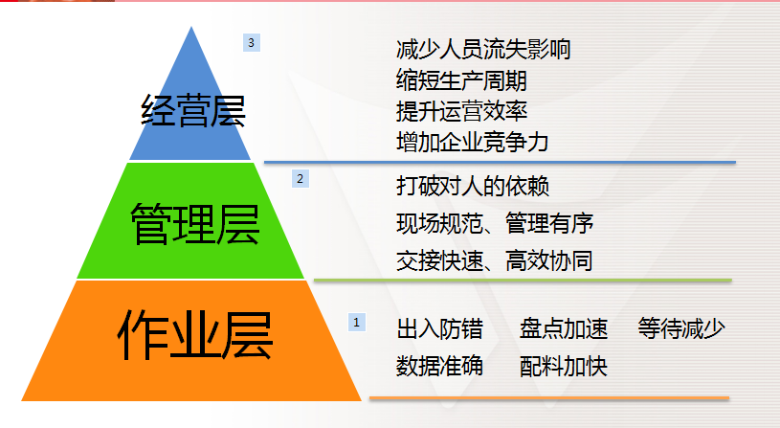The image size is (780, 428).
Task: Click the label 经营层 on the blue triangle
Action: coord(193,110)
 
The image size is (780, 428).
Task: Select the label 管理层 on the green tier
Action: coord(194,224)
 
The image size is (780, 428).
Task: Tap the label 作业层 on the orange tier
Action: coord(195,335)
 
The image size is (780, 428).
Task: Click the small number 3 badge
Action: coord(251,43)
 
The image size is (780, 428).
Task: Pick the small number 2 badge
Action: coord(300,179)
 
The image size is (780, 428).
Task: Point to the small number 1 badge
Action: coord(357,323)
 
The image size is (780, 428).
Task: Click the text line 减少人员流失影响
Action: coord(483,49)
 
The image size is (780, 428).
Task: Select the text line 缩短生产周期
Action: coord(461,80)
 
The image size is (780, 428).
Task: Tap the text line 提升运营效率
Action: coord(461,111)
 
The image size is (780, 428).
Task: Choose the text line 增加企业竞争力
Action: coord(472,143)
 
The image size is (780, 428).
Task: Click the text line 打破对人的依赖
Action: coord(473,187)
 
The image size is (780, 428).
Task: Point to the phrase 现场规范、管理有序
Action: coord(495,223)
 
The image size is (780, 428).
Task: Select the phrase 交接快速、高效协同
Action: coord(495,260)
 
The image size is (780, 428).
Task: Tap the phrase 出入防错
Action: coord(439,329)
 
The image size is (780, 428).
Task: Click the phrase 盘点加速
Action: coord(564,329)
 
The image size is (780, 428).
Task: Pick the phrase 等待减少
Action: coord(681,329)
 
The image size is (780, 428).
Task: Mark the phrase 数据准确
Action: coord(439,367)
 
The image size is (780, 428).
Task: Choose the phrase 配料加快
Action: coord(564,367)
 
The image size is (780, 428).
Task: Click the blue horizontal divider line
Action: coord(500,162)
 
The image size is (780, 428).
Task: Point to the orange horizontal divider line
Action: coord(549,398)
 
